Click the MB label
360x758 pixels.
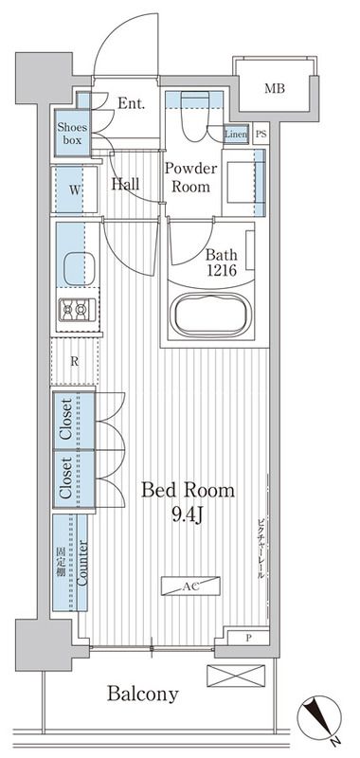274,89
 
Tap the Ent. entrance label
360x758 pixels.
132,103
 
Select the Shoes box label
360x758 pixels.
73,134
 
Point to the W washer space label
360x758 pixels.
73,189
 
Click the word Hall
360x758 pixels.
126,184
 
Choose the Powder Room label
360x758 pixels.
190,177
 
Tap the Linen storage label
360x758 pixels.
236,134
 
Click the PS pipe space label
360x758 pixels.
261,135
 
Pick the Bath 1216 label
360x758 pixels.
221,262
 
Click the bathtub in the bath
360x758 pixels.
213,315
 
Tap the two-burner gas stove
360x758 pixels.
78,310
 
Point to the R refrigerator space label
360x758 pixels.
75,362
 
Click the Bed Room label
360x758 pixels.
188,490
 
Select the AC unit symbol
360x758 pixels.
190,586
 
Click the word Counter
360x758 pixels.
82,563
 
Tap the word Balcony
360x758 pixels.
142,695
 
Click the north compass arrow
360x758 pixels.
319,718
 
